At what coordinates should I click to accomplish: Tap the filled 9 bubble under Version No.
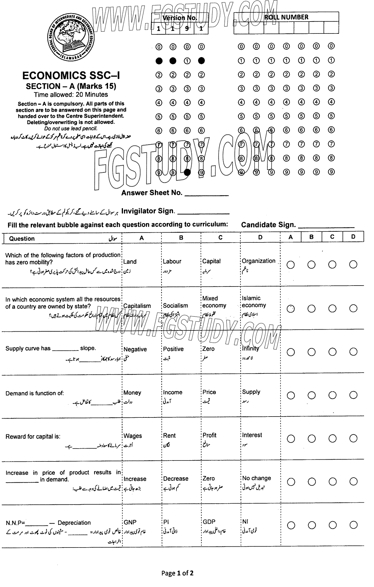(x=187, y=172)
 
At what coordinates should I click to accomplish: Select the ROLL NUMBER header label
(x=286, y=17)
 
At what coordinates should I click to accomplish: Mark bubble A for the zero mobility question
(x=291, y=265)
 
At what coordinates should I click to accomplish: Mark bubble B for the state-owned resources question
(x=311, y=309)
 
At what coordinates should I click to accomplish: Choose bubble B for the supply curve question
(x=311, y=352)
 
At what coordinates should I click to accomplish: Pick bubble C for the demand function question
(x=332, y=395)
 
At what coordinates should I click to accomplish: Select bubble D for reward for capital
(x=353, y=439)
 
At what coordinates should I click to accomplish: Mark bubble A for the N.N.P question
(x=291, y=525)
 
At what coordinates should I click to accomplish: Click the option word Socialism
(x=175, y=306)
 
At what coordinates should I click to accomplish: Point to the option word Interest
(x=252, y=435)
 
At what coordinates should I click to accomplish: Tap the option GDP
(x=209, y=522)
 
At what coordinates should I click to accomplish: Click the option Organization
(x=259, y=261)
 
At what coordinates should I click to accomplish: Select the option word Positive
(x=173, y=349)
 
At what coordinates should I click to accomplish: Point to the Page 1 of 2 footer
(x=177, y=573)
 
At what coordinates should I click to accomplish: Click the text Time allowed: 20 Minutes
(x=71, y=94)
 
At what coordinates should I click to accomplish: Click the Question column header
(x=22, y=238)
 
